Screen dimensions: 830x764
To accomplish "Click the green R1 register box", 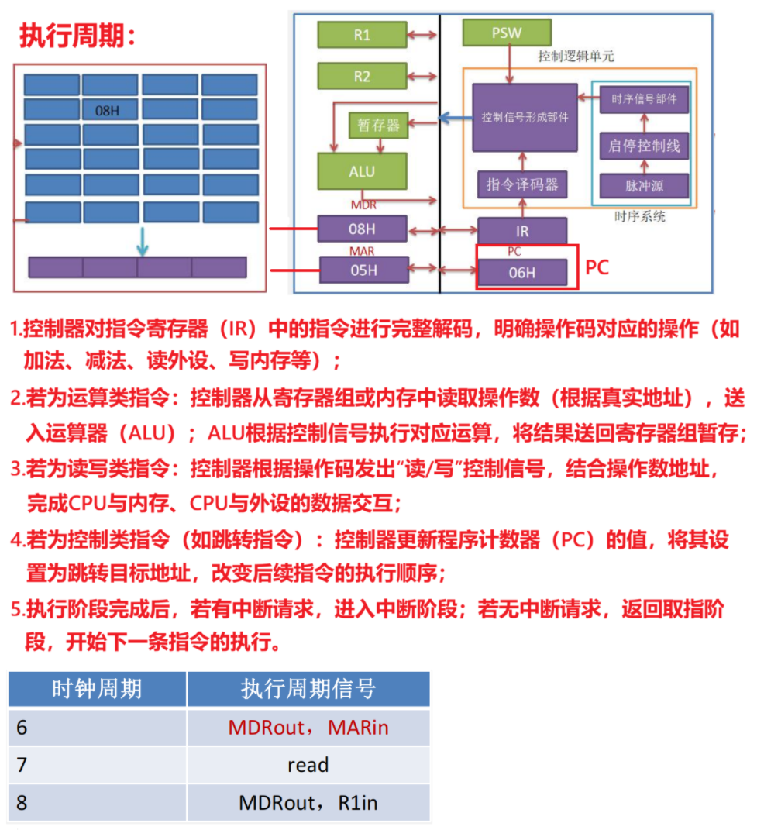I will [362, 35].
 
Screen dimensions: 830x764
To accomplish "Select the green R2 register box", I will [362, 76].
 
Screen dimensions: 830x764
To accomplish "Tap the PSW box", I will [507, 33].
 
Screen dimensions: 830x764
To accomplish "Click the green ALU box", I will [362, 171].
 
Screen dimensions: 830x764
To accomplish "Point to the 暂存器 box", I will [378, 125].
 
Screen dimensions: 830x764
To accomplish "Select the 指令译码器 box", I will [521, 185].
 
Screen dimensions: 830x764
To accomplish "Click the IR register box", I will [522, 231].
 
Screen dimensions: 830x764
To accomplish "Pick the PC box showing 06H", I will [522, 272].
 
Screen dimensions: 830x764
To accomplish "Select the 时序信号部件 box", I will [644, 99].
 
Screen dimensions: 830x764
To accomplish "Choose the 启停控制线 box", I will [644, 145].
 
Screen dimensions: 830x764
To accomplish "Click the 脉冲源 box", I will [644, 186].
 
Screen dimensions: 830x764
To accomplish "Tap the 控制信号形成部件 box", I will [525, 117].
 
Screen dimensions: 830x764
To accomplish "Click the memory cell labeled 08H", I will [110, 110].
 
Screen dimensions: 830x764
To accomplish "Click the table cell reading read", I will [308, 765].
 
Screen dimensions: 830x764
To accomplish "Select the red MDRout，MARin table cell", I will [308, 728].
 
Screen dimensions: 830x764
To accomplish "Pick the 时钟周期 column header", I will [97, 689].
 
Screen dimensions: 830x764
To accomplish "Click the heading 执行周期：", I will [77, 35].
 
